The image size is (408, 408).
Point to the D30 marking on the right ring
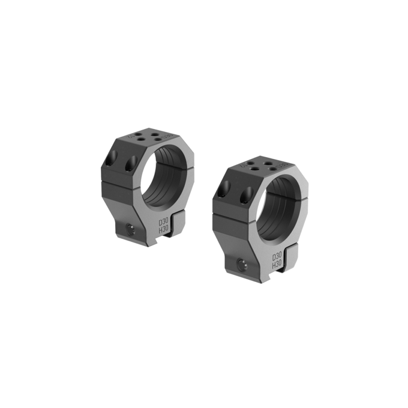(x=277, y=256)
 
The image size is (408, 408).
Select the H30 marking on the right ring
(x=277, y=264)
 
